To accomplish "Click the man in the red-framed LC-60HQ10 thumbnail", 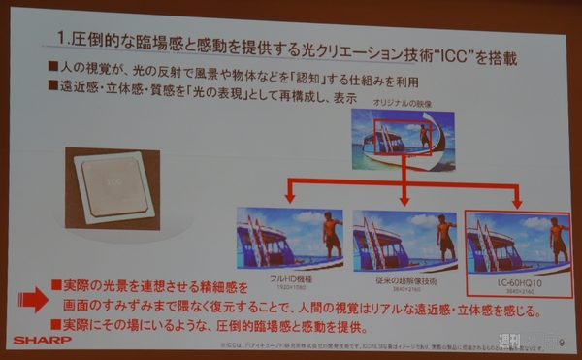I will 559,234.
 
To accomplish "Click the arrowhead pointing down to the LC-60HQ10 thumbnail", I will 518,202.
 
